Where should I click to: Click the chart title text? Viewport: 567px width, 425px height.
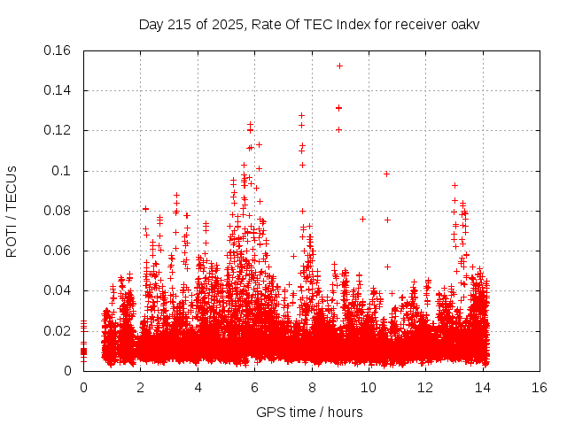pos(309,24)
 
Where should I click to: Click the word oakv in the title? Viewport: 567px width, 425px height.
pos(464,24)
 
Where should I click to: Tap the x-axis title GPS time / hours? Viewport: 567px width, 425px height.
pos(309,412)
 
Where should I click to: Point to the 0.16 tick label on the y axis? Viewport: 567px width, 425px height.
pos(58,50)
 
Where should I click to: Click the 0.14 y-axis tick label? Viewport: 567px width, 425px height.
pos(58,90)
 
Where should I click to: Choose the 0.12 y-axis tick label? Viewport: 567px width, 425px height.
pos(58,130)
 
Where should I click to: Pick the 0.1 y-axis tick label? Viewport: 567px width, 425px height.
pos(64,171)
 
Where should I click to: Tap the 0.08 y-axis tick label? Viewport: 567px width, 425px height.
pos(58,211)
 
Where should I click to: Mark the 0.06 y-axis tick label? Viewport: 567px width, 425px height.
pos(58,251)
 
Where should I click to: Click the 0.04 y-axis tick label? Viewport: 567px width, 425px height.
pos(58,290)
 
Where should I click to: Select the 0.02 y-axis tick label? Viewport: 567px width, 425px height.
pos(58,331)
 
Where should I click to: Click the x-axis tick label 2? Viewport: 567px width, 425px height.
pos(141,387)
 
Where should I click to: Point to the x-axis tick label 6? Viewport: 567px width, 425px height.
pos(254,387)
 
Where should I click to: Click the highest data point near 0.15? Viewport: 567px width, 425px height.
pos(339,66)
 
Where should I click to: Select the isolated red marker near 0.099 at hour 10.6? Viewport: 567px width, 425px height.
pos(386,174)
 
